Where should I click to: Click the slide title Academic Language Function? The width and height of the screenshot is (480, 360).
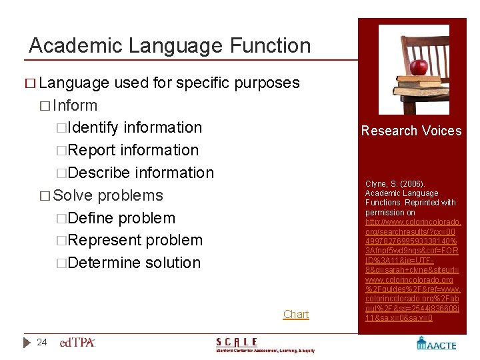click(170, 45)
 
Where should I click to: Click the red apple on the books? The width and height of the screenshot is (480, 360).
click(418, 67)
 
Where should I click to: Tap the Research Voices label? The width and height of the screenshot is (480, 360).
click(411, 131)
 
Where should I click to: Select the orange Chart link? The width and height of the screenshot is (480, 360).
click(296, 314)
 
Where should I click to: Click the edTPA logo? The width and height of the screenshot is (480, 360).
click(77, 343)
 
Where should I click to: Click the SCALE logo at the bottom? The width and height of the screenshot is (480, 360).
click(265, 345)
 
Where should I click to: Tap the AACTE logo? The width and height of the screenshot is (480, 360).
click(436, 343)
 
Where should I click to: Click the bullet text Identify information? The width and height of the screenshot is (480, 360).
click(135, 127)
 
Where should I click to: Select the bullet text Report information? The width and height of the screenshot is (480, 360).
click(133, 150)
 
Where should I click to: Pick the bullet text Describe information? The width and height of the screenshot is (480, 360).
click(141, 173)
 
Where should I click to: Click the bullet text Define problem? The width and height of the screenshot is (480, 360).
click(121, 218)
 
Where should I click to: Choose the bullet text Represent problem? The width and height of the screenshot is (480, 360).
click(135, 240)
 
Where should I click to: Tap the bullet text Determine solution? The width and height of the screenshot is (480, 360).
click(134, 263)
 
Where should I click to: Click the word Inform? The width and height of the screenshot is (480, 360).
click(75, 105)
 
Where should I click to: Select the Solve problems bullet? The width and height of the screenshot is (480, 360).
click(107, 195)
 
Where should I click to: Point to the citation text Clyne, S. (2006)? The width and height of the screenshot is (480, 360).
click(395, 183)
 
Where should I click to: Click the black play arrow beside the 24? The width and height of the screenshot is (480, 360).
click(27, 343)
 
